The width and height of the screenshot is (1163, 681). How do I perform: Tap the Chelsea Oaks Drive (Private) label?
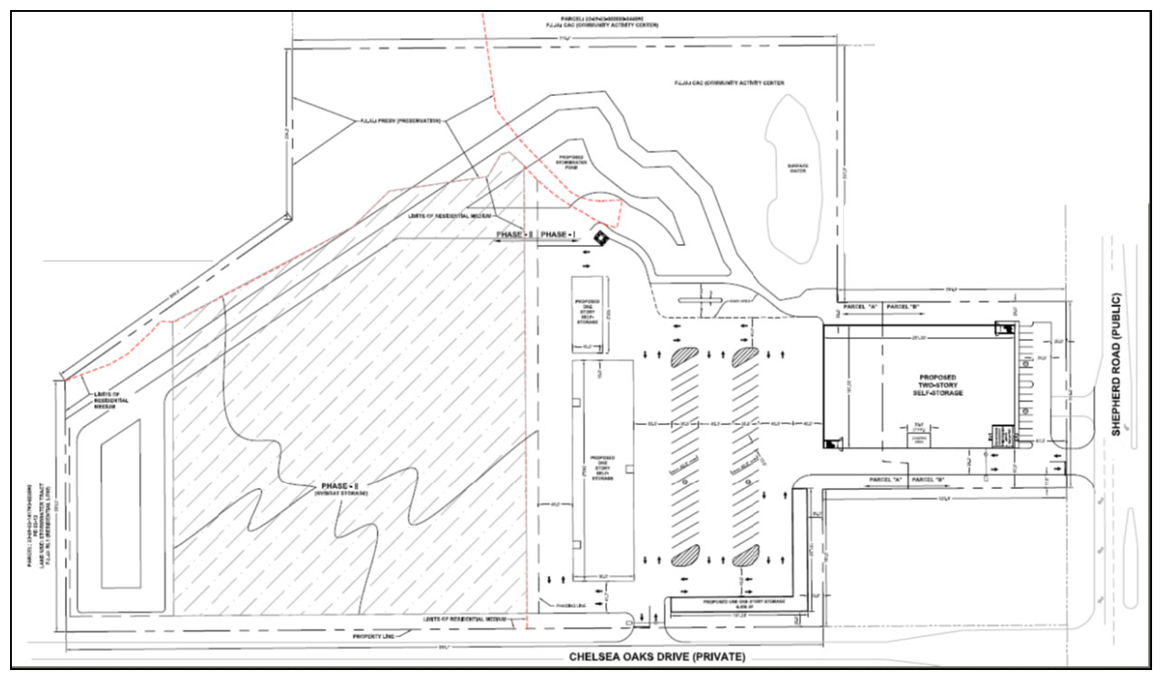657,656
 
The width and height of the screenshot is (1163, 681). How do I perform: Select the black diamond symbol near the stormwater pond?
600,237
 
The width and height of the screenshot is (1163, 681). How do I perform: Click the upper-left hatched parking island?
686,356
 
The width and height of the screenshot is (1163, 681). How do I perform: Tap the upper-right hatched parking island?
745,356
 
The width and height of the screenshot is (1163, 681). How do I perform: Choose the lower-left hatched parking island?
686,555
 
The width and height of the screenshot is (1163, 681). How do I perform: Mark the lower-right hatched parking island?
746,555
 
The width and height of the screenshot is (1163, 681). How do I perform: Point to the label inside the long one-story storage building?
603,465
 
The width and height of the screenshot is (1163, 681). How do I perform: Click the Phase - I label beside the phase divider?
557,235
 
